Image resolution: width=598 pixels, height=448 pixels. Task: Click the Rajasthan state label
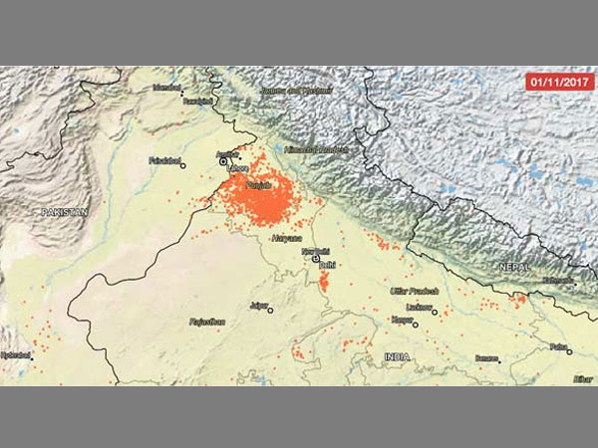pyautogui.click(x=206, y=322)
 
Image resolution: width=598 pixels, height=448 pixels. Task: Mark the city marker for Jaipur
pyautogui.click(x=269, y=310)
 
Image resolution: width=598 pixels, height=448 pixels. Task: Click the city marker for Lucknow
pyautogui.click(x=435, y=312)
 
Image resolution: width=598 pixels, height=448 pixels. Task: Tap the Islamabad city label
pyautogui.click(x=166, y=88)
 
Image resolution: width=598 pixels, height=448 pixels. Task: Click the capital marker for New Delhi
pyautogui.click(x=317, y=260)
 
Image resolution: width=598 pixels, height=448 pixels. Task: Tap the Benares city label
pyautogui.click(x=486, y=357)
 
